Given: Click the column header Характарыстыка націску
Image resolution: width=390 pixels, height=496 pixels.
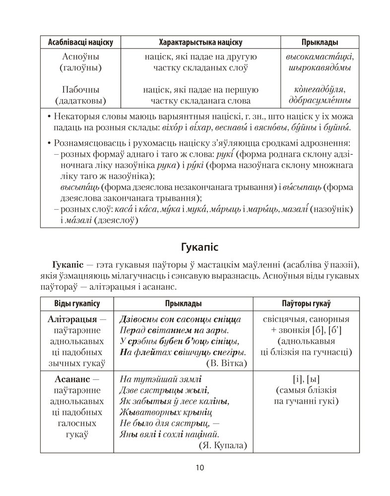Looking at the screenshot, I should pyautogui.click(x=200, y=42).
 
